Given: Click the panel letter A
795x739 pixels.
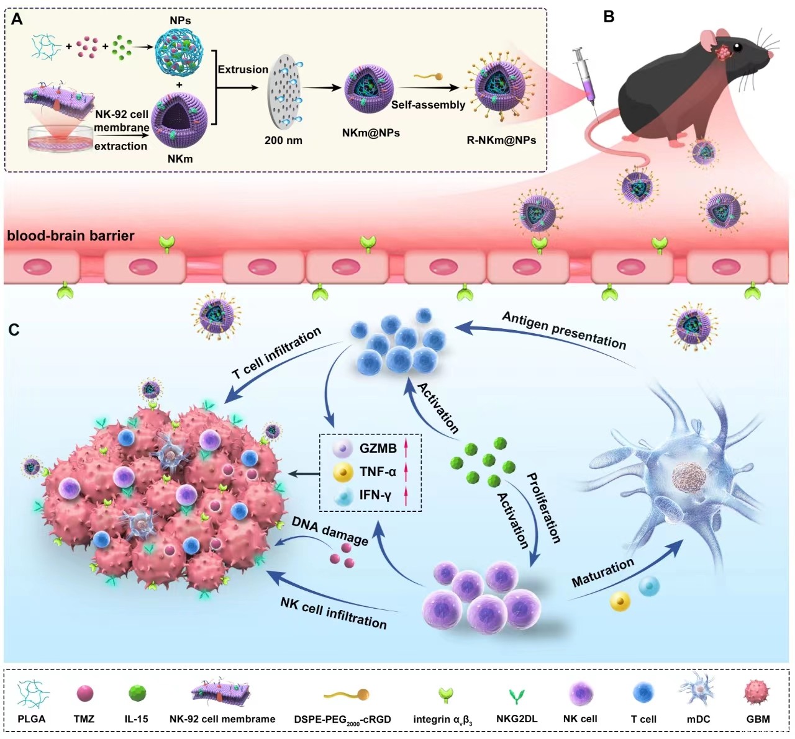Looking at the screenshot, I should pyautogui.click(x=17, y=20).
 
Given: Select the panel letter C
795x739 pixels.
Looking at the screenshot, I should pyautogui.click(x=14, y=329).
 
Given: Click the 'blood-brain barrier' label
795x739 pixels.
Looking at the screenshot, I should pyautogui.click(x=71, y=236).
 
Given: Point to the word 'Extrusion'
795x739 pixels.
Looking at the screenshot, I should pyautogui.click(x=243, y=69).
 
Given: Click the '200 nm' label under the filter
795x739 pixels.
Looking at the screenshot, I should pyautogui.click(x=283, y=140).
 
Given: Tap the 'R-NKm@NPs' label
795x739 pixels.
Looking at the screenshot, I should pyautogui.click(x=501, y=140).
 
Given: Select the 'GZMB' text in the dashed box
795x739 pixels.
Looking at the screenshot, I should pyautogui.click(x=378, y=448).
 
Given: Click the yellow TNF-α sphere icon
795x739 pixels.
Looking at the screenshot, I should pyautogui.click(x=342, y=472).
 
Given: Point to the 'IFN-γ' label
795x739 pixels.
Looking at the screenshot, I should pyautogui.click(x=375, y=495).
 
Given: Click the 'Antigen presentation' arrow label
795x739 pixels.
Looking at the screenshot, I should pyautogui.click(x=564, y=330).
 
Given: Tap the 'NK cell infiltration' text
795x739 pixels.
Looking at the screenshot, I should pyautogui.click(x=334, y=612).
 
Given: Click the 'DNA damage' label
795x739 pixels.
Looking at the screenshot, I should pyautogui.click(x=330, y=531).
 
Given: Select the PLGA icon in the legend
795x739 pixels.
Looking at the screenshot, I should pyautogui.click(x=32, y=695).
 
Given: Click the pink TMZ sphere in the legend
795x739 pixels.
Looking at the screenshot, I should pyautogui.click(x=84, y=694).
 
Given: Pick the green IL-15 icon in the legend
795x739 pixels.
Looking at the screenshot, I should pyautogui.click(x=137, y=694).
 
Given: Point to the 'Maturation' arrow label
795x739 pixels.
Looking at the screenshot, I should pyautogui.click(x=602, y=571).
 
